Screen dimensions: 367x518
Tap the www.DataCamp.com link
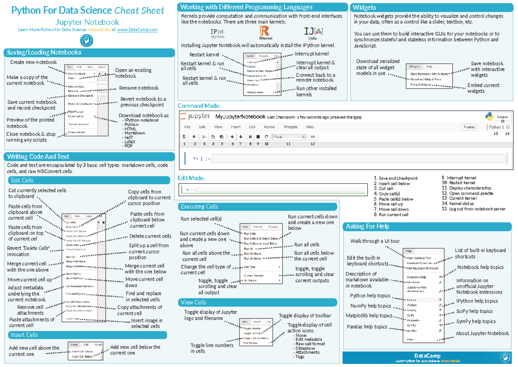coord(137,30)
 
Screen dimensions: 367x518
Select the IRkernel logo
coord(265,32)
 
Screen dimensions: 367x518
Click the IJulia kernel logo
coord(313,32)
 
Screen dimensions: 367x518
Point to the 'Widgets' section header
coord(365,7)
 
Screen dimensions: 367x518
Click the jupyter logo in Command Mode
coord(195,117)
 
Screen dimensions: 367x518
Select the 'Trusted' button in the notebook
coord(469,127)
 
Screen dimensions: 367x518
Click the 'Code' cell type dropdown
coord(289,137)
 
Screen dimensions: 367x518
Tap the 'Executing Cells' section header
coord(199,207)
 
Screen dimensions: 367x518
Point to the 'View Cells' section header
coord(193,303)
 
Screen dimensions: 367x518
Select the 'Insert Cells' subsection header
coord(25,335)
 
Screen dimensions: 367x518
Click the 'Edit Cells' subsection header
coord(22,180)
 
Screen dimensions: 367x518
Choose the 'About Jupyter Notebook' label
coord(482,333)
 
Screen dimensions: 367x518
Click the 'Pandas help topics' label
coord(366,327)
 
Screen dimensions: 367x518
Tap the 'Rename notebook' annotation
coord(139,88)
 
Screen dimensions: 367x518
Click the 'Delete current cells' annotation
coord(150,236)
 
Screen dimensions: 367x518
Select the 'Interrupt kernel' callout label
coord(311,54)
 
